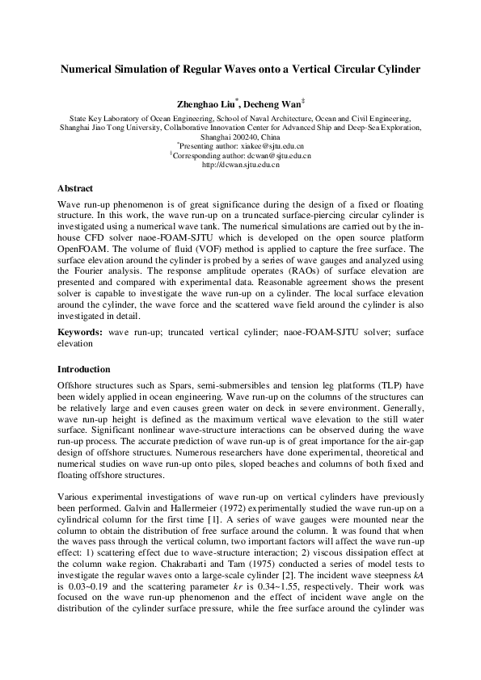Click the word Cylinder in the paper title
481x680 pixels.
click(396, 69)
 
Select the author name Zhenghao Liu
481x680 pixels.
click(205, 104)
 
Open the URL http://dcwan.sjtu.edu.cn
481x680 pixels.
click(240, 165)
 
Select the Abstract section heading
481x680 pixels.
click(75, 188)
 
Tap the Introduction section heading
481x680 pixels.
click(84, 369)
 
